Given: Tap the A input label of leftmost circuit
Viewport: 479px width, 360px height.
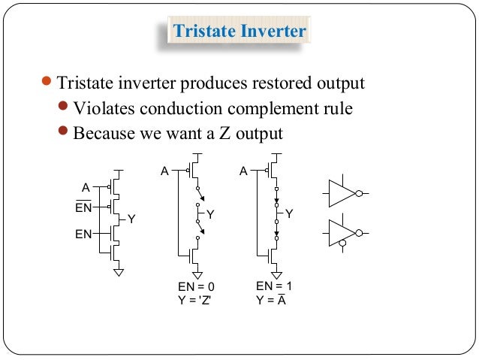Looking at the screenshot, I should [86, 186].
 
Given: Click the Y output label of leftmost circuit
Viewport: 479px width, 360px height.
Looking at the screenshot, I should [131, 219].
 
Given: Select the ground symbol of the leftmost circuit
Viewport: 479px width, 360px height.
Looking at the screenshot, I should [118, 271].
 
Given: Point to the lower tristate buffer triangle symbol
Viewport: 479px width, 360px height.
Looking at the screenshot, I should [341, 232].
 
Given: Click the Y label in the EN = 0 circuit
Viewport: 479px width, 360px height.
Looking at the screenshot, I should [210, 215].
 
